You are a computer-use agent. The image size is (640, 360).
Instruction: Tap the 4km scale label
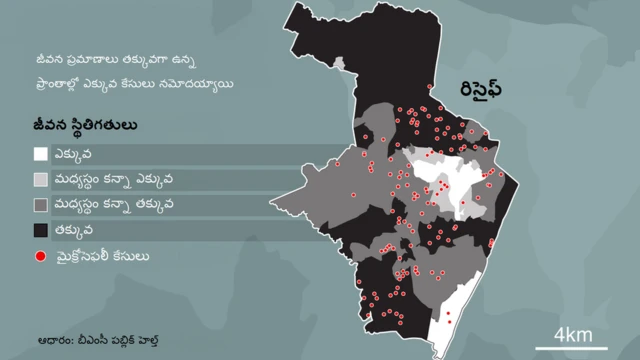pos(573,333)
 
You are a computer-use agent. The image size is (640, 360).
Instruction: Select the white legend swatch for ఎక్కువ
pos(40,155)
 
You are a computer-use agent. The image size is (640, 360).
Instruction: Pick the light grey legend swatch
pos(40,180)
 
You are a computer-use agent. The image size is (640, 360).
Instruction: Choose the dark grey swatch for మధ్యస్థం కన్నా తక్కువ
pos(40,206)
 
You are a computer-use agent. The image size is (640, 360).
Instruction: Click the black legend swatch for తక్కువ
pos(40,231)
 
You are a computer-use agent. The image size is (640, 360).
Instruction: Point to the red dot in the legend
pos(40,257)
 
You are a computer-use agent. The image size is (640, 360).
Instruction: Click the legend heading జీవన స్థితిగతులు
pos(84,127)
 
